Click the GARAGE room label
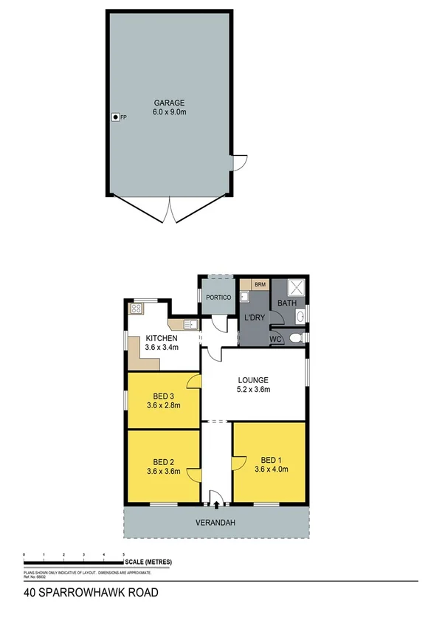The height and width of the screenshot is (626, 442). coord(169,103)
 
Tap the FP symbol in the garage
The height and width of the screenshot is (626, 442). coord(115,117)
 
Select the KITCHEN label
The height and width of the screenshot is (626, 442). coord(161,338)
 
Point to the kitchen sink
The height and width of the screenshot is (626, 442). coord(189,323)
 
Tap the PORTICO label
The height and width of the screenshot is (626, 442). coord(219,297)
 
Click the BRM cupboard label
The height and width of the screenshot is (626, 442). coord(260,284)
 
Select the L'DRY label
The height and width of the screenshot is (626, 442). coord(254,318)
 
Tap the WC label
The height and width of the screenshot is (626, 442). coord(276,340)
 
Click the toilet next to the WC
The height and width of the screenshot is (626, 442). coord(295,338)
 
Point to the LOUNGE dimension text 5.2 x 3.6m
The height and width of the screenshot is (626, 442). coord(253,390)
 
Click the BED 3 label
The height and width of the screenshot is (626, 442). coord(163,395)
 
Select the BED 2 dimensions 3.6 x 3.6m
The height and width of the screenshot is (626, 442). coord(163,470)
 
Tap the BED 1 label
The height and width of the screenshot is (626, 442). coord(271,458)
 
